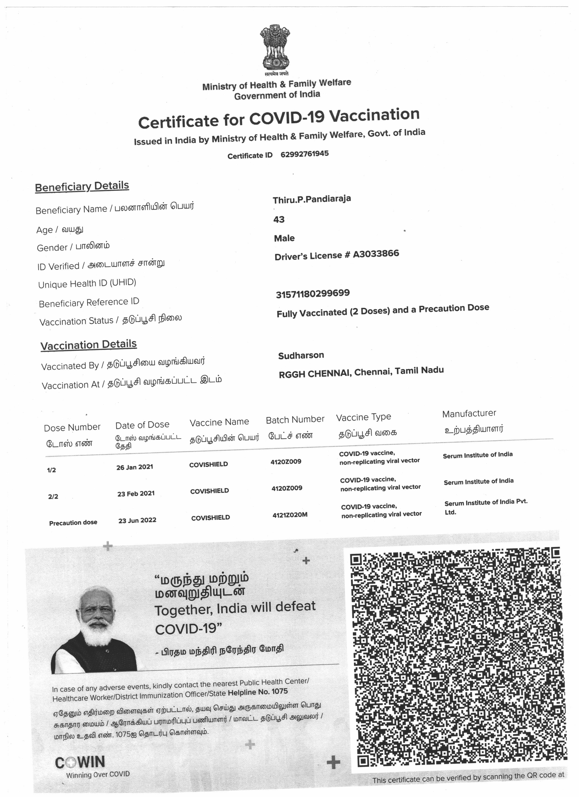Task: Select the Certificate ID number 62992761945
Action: [304, 154]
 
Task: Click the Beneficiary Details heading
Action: [82, 186]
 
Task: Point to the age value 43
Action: [279, 220]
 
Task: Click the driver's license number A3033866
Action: [376, 254]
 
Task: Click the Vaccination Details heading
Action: [89, 345]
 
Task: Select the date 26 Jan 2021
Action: [135, 467]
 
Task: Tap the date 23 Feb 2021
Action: [136, 494]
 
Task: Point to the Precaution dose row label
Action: [73, 523]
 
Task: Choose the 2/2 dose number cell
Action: [53, 497]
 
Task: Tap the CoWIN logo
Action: [80, 762]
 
